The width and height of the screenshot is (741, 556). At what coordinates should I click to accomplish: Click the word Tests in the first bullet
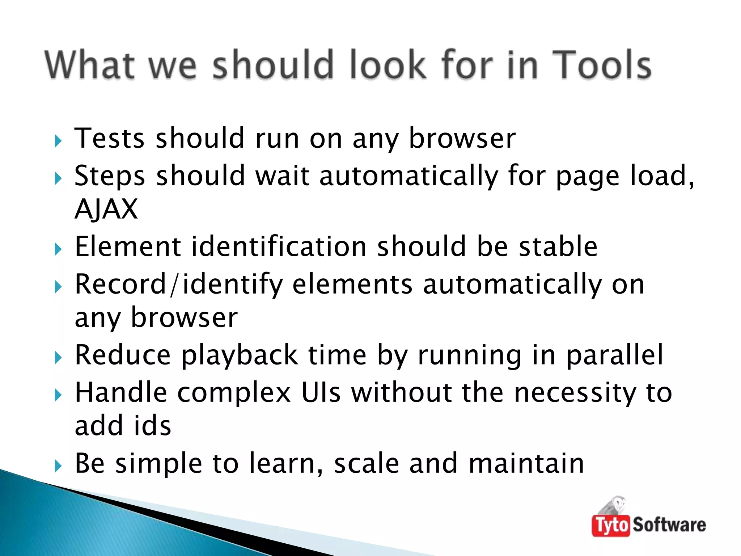109,138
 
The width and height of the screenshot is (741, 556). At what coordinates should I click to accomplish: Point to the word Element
128,247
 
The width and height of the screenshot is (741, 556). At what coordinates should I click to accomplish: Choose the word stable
558,247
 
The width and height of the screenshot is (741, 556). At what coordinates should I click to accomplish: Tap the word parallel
615,355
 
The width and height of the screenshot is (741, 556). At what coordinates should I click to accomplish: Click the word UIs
321,392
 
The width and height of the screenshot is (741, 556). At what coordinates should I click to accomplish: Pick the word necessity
575,392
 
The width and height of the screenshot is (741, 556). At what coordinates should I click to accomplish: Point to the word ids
152,426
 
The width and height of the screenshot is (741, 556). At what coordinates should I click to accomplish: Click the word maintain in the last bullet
526,463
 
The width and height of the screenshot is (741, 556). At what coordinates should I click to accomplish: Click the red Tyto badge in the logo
611,525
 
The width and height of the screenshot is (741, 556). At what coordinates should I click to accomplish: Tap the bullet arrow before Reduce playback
58,358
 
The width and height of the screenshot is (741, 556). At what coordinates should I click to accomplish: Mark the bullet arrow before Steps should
58,178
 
